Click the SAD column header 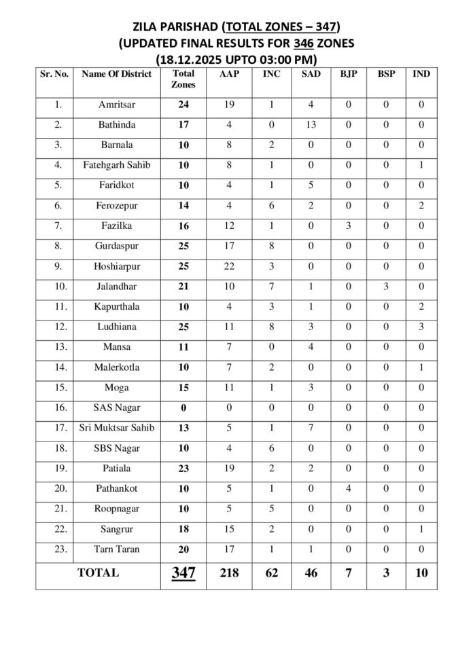point(306,73)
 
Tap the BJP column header point(345,73)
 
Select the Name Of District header point(116,73)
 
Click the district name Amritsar point(116,105)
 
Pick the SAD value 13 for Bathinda point(306,125)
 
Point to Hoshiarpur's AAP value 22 point(228,266)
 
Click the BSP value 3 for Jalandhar point(383,287)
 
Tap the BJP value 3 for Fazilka point(345,226)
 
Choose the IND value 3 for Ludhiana point(421,327)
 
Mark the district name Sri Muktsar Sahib point(116,428)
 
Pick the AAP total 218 point(228,573)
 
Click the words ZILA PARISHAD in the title point(176,27)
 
